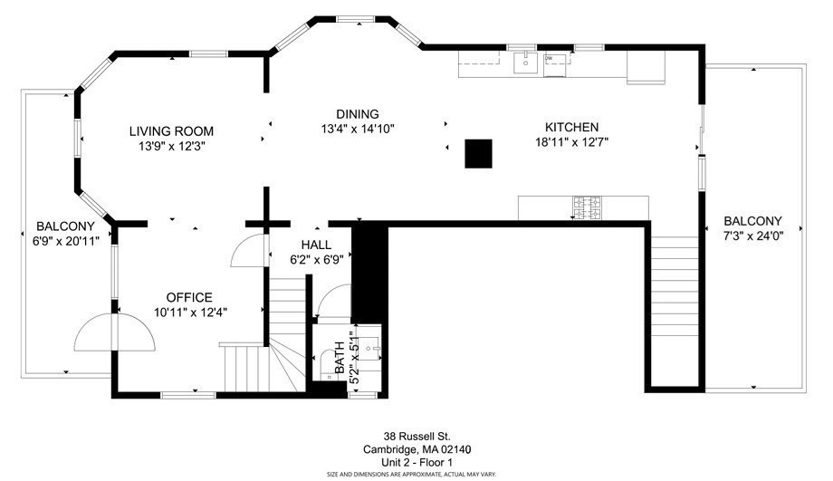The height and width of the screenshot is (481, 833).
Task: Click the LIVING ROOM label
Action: point(170,131)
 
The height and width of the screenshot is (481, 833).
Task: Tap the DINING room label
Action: point(357,113)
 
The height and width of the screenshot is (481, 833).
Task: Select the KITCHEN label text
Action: point(570,127)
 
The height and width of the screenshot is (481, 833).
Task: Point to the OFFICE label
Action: point(189,297)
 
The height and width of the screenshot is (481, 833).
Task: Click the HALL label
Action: point(316,245)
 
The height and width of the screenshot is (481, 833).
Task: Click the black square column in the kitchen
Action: point(478,153)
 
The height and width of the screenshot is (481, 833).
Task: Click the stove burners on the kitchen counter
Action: point(584,207)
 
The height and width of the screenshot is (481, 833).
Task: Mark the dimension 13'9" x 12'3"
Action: point(170,146)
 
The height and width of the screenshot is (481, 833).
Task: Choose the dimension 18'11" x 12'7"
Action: point(570,141)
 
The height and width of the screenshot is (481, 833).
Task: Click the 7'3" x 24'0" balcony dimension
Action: point(752,236)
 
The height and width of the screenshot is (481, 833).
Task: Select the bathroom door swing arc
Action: point(333,302)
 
